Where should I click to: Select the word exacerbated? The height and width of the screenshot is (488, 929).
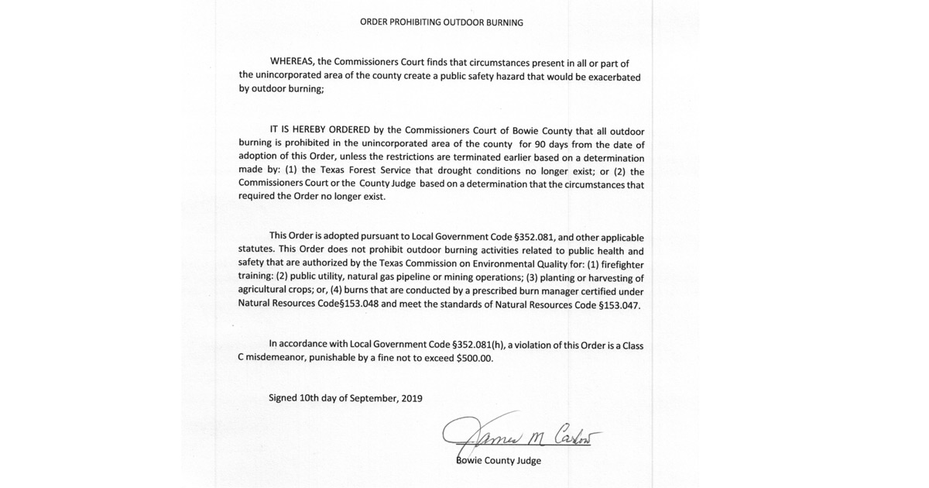(612, 76)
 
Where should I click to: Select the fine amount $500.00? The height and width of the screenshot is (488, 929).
(475, 359)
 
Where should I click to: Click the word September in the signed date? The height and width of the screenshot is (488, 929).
(373, 398)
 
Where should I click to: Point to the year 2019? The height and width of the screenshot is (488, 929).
(411, 398)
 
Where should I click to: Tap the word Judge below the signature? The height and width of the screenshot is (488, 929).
(526, 460)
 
